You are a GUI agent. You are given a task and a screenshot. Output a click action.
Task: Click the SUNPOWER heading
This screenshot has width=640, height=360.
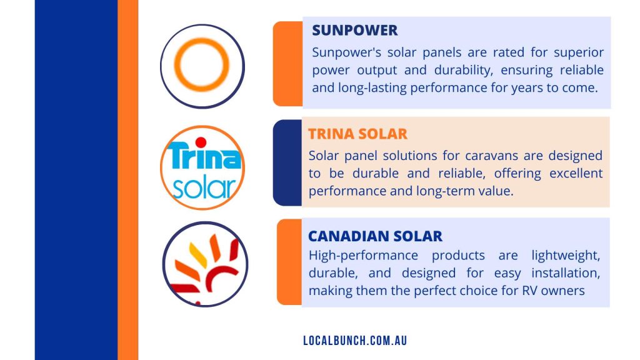click(354, 31)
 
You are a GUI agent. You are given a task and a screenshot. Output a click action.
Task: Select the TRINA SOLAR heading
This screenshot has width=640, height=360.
click(357, 134)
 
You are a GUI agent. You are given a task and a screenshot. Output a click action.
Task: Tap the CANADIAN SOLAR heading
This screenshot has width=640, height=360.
click(375, 236)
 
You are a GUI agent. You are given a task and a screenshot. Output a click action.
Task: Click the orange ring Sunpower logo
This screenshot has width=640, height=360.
click(202, 66)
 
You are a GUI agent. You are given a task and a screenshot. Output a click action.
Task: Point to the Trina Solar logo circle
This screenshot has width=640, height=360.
click(202, 167)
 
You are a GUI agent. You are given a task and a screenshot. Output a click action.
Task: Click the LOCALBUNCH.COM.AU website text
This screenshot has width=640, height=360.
click(354, 341)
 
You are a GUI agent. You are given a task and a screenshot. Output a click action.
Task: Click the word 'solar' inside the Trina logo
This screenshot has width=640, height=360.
click(204, 186)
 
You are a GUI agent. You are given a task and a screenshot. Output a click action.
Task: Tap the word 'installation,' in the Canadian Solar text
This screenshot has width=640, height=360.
click(566, 273)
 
